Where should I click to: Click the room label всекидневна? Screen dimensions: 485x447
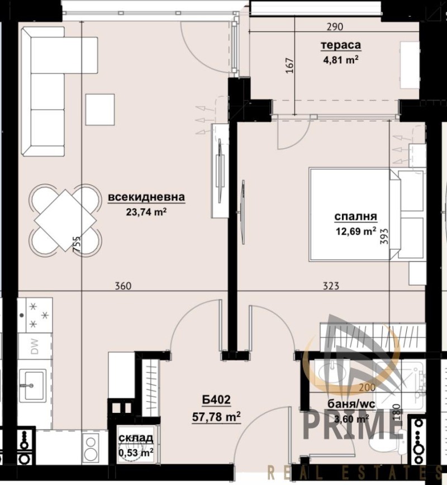coord(146,197)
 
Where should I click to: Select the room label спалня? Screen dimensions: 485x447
coord(355,217)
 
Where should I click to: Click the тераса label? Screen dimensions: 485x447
coord(340,45)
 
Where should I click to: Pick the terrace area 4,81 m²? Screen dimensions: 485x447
coord(340,59)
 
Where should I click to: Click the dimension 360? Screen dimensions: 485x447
coord(122,286)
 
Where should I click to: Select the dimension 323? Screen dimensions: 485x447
coord(331,286)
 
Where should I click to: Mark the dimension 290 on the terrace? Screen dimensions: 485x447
coord(334,26)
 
